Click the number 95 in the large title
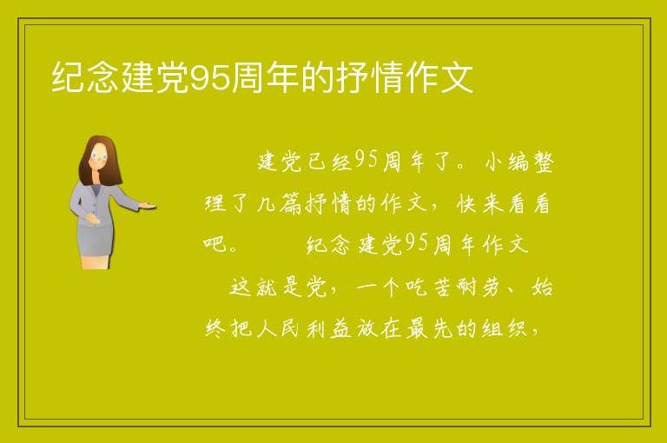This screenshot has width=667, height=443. point(210,78)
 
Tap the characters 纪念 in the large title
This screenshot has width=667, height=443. point(84,77)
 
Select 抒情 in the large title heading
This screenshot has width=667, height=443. point(370,77)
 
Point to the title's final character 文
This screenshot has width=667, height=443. point(457,77)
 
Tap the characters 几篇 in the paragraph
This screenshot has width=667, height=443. point(280,204)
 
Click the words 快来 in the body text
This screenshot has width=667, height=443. point(480,204)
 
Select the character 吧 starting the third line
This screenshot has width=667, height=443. point(215,245)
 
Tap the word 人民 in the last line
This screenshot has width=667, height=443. point(278,328)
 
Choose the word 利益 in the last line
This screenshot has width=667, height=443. point(329,328)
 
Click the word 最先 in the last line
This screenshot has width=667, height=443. point(429,328)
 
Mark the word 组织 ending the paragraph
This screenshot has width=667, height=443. point(505,328)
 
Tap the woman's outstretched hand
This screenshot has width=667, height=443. point(148,207)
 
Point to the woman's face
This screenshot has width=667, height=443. point(99,156)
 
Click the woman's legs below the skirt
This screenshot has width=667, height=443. point(96,262)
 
